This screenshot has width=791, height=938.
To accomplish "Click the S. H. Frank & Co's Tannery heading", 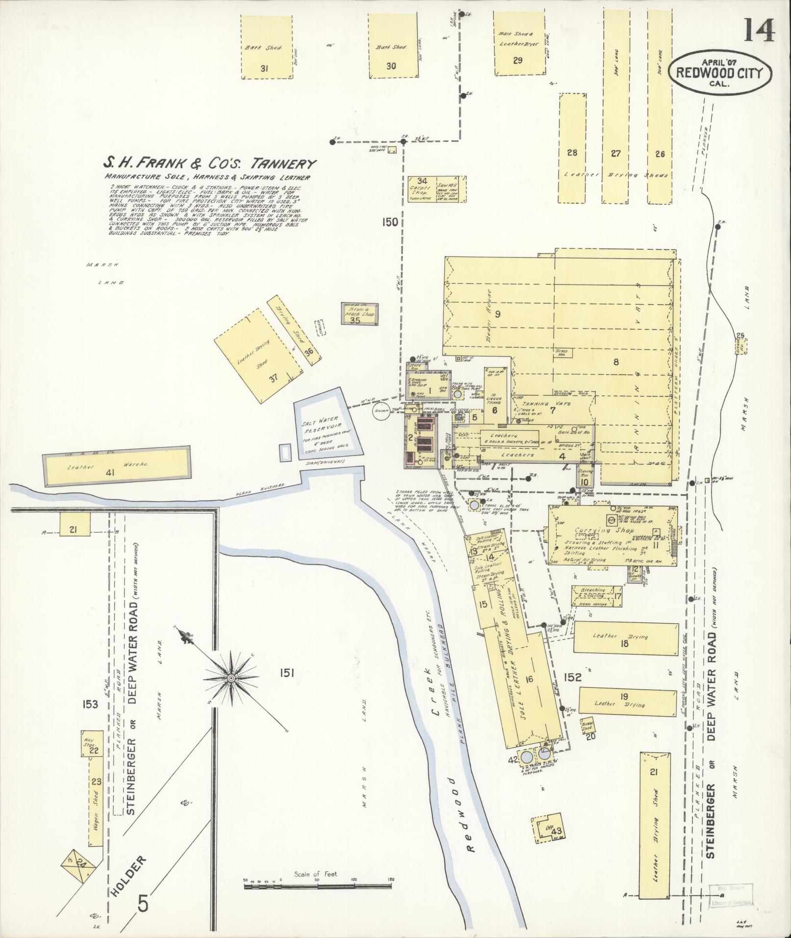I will [209, 164].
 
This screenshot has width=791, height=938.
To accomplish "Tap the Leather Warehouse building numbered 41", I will [117, 467].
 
